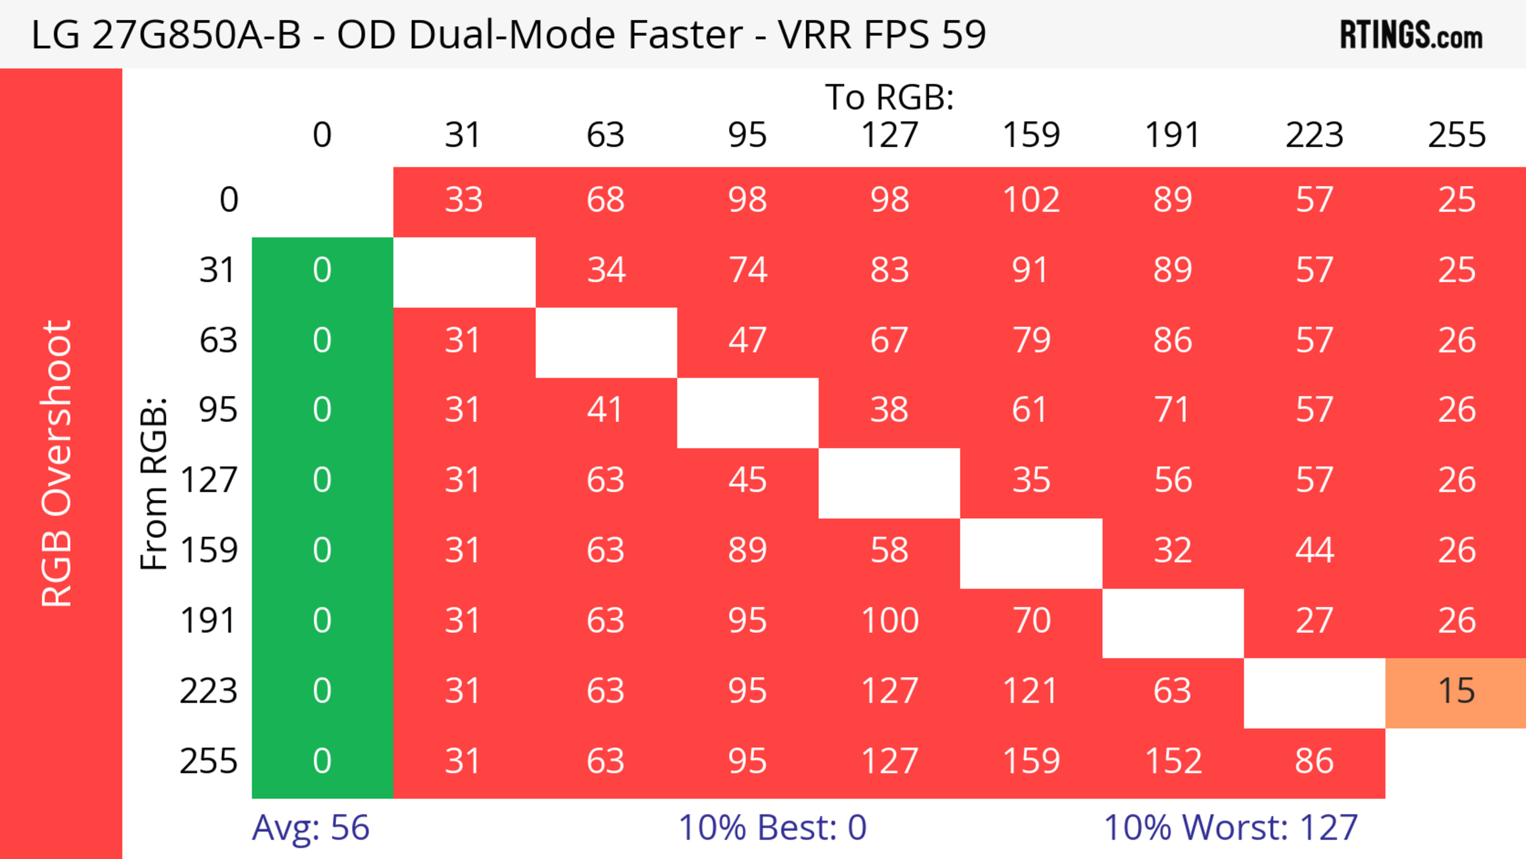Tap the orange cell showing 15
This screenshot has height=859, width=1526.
[x=1456, y=691]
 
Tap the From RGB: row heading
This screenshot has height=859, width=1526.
[x=153, y=483]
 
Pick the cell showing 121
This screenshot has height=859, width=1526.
[x=1031, y=691]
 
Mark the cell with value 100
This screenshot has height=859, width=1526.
[x=889, y=621]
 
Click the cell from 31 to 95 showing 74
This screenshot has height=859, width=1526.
[x=748, y=270]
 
